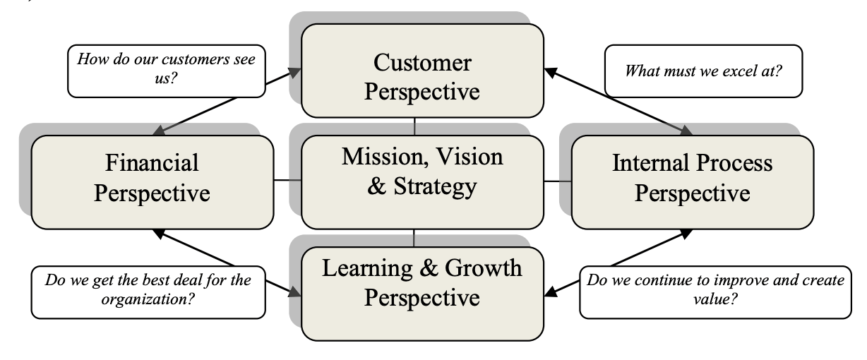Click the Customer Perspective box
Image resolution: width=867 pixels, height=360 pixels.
pyautogui.click(x=422, y=71)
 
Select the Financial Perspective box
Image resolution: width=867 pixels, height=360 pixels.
pyautogui.click(x=152, y=181)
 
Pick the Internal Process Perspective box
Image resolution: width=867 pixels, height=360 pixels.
pyautogui.click(x=692, y=181)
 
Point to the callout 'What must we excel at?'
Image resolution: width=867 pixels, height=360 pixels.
pyautogui.click(x=703, y=71)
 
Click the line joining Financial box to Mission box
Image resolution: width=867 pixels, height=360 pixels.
pyautogui.click(x=287, y=181)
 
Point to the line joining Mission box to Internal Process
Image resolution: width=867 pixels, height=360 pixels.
pyautogui.click(x=558, y=181)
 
